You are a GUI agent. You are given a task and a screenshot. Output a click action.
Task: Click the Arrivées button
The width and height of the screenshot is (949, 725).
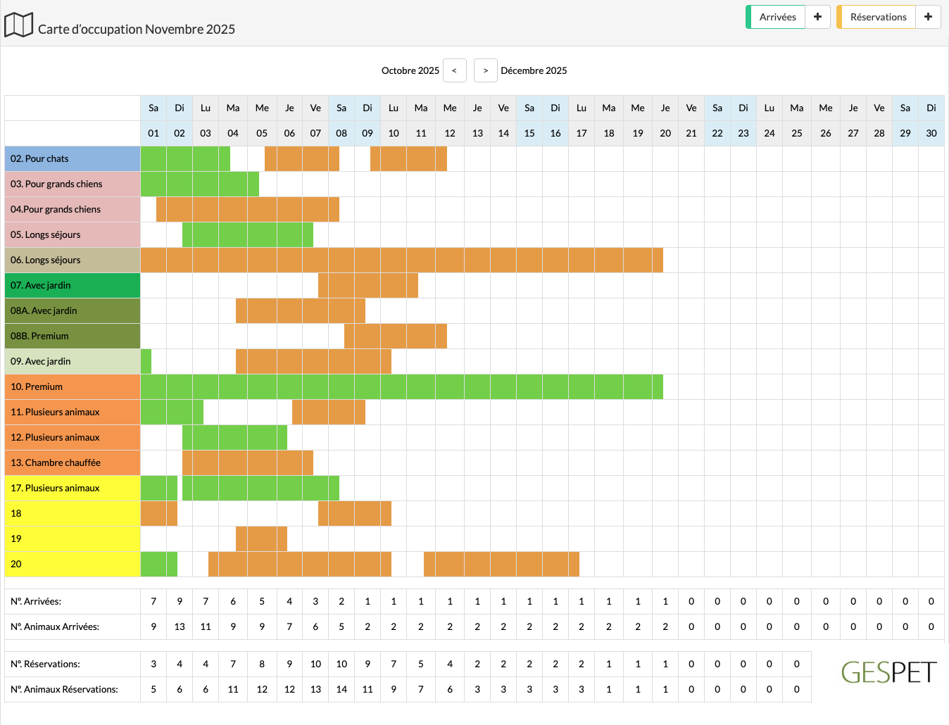pos(777,17)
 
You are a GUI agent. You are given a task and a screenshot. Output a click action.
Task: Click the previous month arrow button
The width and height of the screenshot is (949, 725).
pos(454,70)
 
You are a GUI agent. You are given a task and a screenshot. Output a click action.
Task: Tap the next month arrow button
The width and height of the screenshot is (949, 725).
pos(486,70)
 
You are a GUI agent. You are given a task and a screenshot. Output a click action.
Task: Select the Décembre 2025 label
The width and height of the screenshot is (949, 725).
pos(534,70)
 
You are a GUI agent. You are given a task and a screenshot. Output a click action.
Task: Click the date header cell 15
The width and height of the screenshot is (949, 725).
pos(529,133)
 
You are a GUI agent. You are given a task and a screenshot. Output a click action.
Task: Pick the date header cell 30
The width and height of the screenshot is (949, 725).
pos(931,133)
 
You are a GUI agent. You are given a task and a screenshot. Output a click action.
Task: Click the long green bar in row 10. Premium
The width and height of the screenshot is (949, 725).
pos(401,386)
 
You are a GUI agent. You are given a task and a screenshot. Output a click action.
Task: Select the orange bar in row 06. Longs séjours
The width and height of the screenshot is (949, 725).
pos(401,260)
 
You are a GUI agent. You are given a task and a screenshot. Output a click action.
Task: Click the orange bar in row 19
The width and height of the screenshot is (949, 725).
pos(261,538)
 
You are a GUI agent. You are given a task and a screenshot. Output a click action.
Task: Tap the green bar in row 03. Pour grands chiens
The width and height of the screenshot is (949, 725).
pos(200,184)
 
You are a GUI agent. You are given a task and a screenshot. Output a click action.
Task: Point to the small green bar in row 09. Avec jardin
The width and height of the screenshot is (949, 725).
pos(146,361)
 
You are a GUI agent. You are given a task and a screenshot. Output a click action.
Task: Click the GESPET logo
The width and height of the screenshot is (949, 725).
pos(888,672)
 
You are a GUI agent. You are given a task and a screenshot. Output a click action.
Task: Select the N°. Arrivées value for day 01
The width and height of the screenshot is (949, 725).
pos(153,601)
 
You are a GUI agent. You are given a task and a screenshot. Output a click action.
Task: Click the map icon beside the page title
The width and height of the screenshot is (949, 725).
pos(19,25)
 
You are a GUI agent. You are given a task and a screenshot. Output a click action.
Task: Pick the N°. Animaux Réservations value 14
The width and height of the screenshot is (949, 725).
pos(341,689)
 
